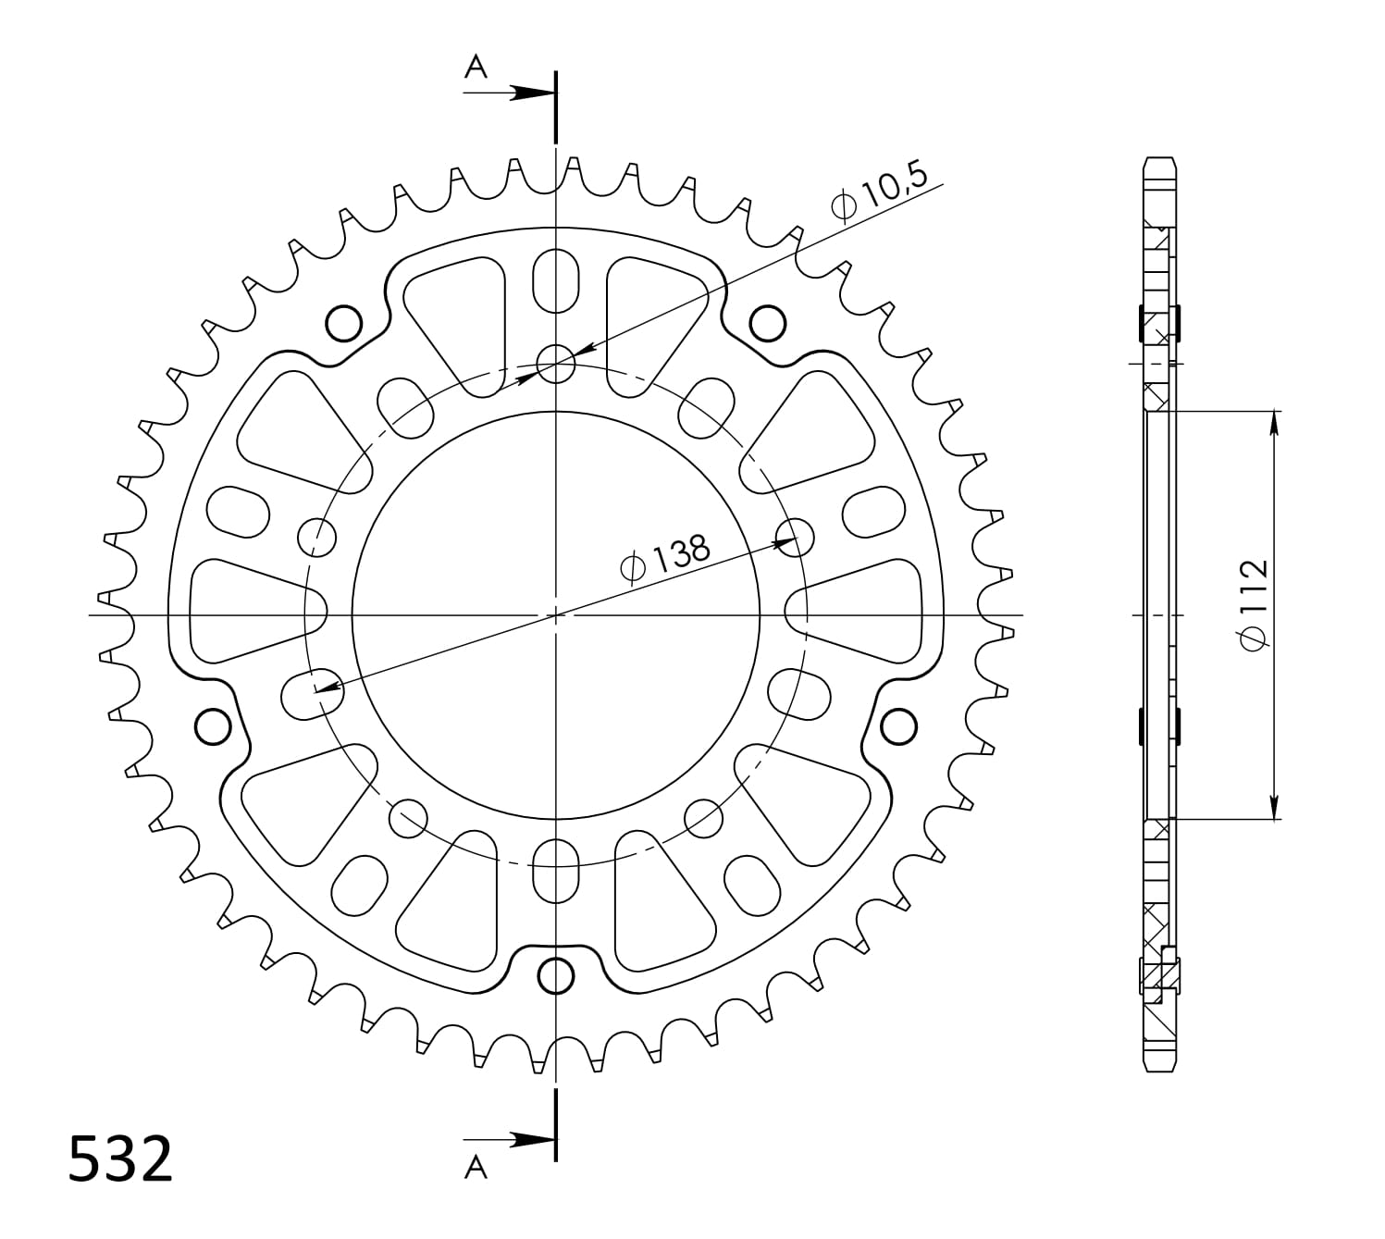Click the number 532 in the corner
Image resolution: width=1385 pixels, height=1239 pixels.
120,1158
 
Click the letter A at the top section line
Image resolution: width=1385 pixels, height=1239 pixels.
476,67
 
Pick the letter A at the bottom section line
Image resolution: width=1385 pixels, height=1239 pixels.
476,1168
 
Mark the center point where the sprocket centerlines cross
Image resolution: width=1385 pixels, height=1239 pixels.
556,614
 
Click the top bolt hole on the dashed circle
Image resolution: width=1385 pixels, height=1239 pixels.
556,363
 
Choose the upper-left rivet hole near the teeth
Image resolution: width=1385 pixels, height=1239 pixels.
344,323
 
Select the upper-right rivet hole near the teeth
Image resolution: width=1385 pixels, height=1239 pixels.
767,324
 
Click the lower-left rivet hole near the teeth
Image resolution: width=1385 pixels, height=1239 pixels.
213,725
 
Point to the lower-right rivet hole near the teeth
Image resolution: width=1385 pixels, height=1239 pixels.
897,726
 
